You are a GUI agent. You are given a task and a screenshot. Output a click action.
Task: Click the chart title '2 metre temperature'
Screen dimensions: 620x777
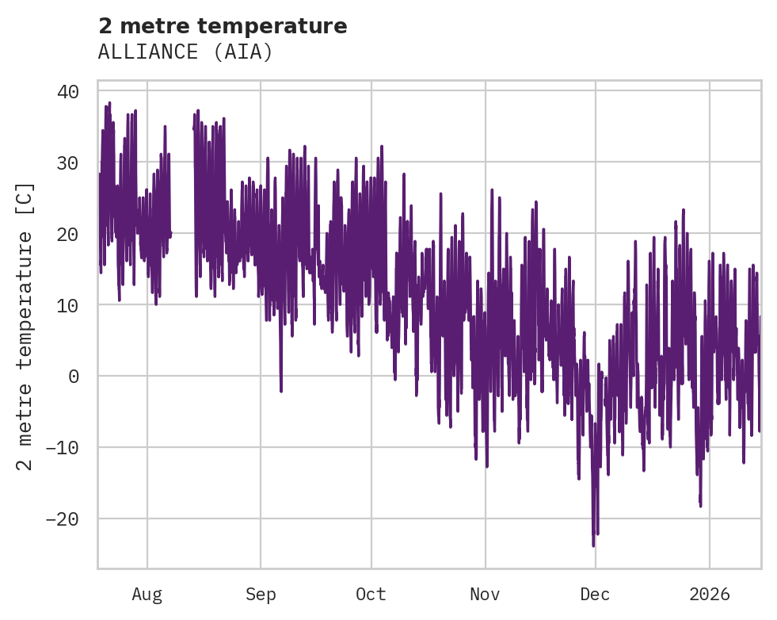click(223, 26)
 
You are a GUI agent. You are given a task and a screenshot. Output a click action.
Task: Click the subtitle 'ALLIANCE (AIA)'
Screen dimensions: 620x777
click(185, 52)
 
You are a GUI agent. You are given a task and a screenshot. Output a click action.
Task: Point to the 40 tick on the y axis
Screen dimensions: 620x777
click(68, 91)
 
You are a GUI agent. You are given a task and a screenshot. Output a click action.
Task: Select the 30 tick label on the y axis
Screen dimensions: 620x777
click(68, 163)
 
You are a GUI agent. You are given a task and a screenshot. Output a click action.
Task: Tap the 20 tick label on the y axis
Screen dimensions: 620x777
click(68, 234)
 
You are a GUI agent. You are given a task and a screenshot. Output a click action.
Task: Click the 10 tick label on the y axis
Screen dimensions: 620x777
click(68, 305)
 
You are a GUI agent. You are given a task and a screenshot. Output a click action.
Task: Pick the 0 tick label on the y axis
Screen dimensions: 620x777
click(74, 377)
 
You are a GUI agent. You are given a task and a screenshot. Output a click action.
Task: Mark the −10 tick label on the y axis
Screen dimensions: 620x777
click(63, 448)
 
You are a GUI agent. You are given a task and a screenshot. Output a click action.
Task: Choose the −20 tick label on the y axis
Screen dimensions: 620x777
click(63, 519)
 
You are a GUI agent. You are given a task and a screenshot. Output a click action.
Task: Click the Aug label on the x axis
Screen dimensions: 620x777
click(147, 594)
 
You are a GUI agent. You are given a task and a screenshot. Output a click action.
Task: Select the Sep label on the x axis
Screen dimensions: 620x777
click(260, 594)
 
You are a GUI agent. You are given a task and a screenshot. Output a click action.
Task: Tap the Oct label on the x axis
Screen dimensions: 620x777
click(371, 594)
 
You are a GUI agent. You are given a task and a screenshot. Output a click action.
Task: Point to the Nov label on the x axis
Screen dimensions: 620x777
click(485, 594)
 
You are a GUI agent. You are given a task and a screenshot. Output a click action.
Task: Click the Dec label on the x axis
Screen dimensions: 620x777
click(595, 594)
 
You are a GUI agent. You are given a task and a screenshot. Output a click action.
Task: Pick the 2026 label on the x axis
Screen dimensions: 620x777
click(709, 594)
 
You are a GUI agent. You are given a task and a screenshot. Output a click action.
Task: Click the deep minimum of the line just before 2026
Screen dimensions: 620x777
click(700, 505)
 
